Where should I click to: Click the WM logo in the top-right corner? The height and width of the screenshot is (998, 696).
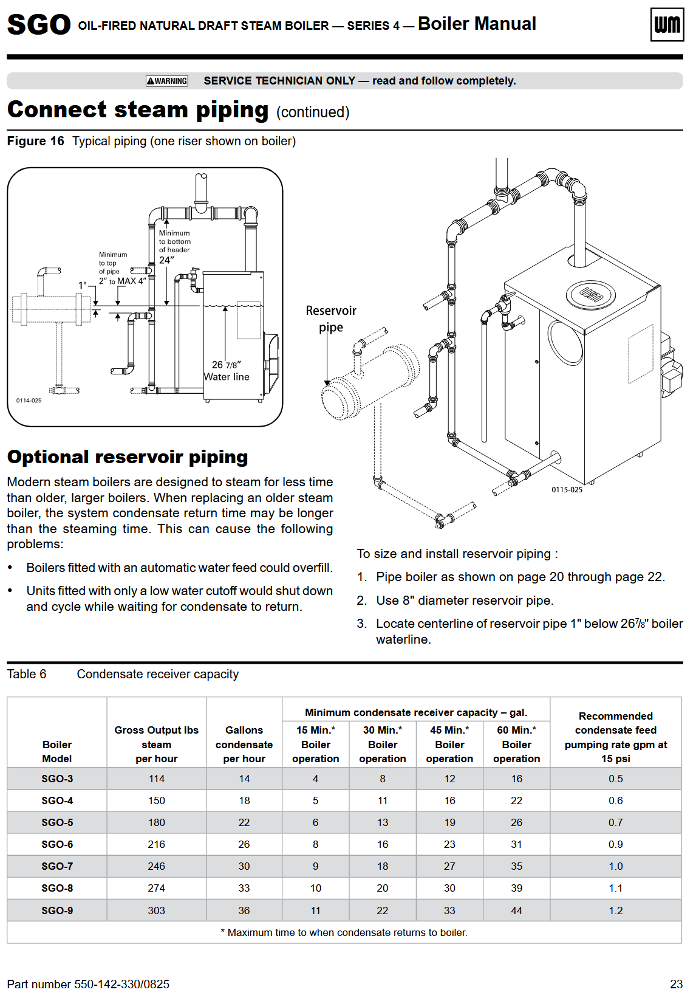(x=667, y=24)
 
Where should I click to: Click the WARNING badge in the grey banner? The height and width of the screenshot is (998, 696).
(x=167, y=81)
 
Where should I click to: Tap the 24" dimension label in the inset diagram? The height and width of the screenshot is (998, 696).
(x=166, y=260)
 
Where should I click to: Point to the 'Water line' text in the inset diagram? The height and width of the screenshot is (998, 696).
(x=226, y=377)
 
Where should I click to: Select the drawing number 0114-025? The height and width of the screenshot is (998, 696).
(x=29, y=401)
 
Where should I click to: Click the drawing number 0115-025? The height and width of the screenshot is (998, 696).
(x=567, y=490)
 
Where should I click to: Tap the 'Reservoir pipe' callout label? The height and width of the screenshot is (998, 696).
(x=331, y=319)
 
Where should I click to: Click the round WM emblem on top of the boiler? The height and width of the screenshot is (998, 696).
(x=590, y=295)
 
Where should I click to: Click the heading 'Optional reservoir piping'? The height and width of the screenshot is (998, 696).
(x=128, y=457)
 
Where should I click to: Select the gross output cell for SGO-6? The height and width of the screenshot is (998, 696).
(x=156, y=844)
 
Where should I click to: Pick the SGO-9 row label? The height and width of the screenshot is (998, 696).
(x=57, y=910)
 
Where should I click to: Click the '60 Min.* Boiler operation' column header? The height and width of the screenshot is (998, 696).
(x=517, y=744)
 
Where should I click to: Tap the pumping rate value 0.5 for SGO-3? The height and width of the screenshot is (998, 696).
(x=615, y=779)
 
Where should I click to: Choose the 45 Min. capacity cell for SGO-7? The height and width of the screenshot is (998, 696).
(x=449, y=866)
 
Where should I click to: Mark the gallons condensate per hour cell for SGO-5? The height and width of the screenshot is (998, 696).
(x=244, y=822)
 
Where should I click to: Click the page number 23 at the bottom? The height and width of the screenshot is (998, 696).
(x=676, y=984)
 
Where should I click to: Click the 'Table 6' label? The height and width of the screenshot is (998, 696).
(x=27, y=674)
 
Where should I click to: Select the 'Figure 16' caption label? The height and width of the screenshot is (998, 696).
(x=36, y=141)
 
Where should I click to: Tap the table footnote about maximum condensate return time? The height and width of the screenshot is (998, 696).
(x=344, y=932)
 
